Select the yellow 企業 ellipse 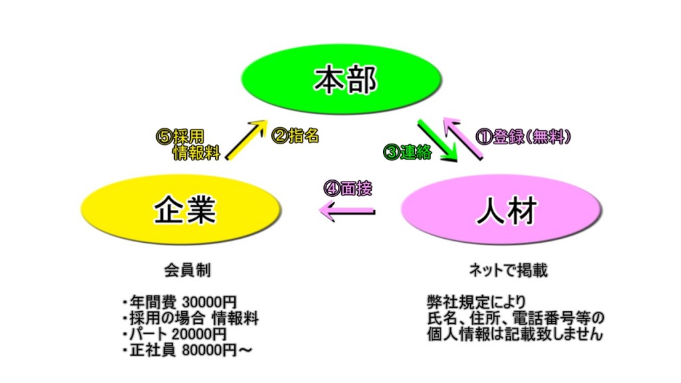[x=185, y=211]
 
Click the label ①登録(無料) [x=525, y=137]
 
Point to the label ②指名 [x=295, y=136]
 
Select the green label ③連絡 [x=407, y=152]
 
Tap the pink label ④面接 [x=346, y=188]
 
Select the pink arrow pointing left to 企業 [x=346, y=212]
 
